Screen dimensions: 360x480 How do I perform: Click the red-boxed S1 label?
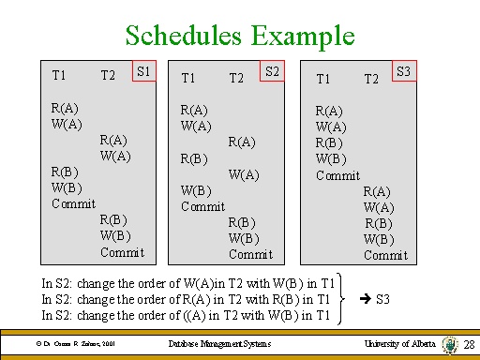pyautogui.click(x=144, y=71)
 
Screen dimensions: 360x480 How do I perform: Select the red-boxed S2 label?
pyautogui.click(x=273, y=71)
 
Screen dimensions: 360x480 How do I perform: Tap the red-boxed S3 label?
pyautogui.click(x=405, y=71)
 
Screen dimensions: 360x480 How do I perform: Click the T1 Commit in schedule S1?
pyautogui.click(x=73, y=203)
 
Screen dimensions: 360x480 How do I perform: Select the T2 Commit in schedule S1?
pyautogui.click(x=122, y=252)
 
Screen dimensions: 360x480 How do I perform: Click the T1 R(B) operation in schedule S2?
pyautogui.click(x=194, y=158)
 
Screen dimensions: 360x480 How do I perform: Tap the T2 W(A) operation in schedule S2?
pyautogui.click(x=244, y=174)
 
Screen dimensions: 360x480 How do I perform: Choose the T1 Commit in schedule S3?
pyautogui.click(x=337, y=175)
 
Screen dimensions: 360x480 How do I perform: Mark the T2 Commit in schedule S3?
pyautogui.click(x=385, y=255)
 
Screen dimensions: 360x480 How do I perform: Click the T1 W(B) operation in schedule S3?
pyautogui.click(x=330, y=159)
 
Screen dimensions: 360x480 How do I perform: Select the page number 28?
pyautogui.click(x=469, y=346)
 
